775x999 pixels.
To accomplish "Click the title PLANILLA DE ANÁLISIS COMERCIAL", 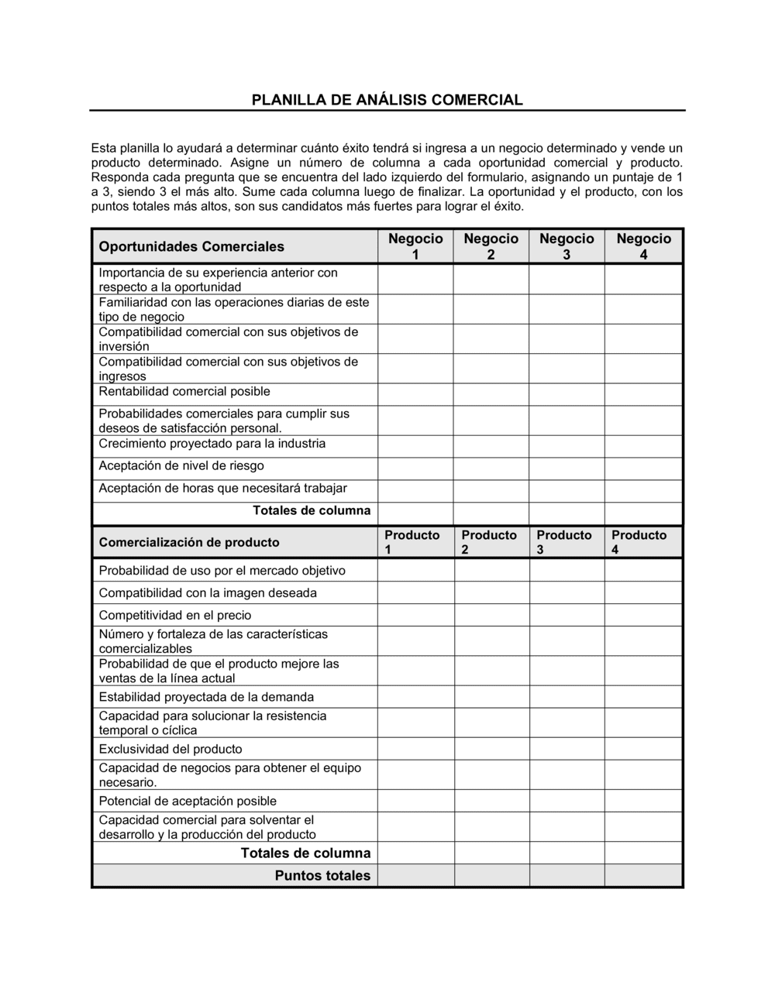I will click(387, 100).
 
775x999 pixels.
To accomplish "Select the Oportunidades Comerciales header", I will click(191, 247).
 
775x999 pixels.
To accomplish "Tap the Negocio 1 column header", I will click(415, 246).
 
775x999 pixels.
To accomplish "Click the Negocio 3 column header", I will click(567, 246).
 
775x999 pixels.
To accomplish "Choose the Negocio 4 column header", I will click(643, 246).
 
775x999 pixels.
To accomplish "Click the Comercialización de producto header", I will click(189, 542).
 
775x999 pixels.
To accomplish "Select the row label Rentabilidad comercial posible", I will click(184, 392).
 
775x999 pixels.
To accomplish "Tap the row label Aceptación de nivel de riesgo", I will click(181, 466).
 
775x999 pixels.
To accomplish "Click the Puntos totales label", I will click(322, 876).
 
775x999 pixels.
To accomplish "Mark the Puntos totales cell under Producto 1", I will click(415, 876).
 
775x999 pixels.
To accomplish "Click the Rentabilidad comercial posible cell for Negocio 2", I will click(491, 394).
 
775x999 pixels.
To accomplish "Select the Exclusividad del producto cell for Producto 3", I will click(567, 749).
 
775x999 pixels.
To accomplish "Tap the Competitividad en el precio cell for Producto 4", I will click(643, 615).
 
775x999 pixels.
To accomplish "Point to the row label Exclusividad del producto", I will click(170, 749).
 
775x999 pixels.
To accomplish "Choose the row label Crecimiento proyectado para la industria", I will click(212, 444).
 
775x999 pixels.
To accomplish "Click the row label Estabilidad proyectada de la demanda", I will click(206, 697).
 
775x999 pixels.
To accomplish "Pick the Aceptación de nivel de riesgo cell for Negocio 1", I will click(415, 469).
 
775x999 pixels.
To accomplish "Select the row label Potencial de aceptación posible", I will click(188, 801).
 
